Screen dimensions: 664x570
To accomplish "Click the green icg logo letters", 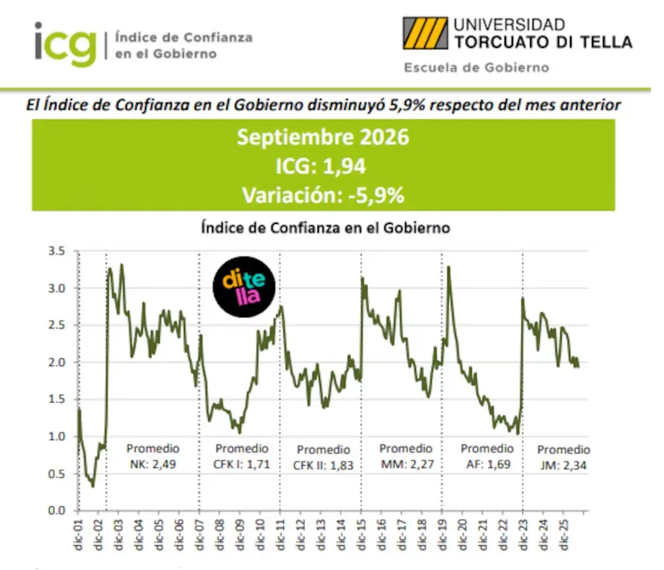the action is click(x=66, y=44).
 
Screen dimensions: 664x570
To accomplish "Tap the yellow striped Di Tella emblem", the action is click(x=425, y=33).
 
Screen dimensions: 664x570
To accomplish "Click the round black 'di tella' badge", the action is click(x=244, y=287).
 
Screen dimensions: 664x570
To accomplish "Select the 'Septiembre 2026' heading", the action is click(x=323, y=137).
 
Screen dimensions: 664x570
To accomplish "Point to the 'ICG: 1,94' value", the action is click(x=321, y=165).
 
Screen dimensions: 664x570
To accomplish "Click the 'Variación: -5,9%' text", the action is click(x=323, y=196).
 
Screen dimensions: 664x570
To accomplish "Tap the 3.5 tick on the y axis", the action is click(x=56, y=251).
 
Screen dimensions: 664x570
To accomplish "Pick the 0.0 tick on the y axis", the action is click(x=56, y=510).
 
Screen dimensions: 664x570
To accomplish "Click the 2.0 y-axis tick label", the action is click(x=56, y=362).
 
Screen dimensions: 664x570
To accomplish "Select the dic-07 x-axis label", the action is click(x=199, y=535).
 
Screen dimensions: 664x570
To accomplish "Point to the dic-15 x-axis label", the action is click(x=362, y=535).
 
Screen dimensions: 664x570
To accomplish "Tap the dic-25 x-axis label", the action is click(x=564, y=535).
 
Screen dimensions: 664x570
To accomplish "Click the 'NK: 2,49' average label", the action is click(x=153, y=464).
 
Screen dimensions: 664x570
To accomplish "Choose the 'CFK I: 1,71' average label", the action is click(x=242, y=464).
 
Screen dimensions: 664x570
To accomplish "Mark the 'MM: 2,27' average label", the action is click(x=407, y=464).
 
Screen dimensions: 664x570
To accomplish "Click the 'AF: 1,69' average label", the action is click(x=488, y=464).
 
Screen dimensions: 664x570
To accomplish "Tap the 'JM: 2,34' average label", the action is click(x=563, y=466).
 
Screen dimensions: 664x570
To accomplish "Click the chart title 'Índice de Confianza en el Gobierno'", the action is click(x=325, y=228).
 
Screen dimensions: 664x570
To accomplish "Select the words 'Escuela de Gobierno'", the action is click(x=476, y=68).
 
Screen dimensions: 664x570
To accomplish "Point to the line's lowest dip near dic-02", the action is click(x=93, y=486).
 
